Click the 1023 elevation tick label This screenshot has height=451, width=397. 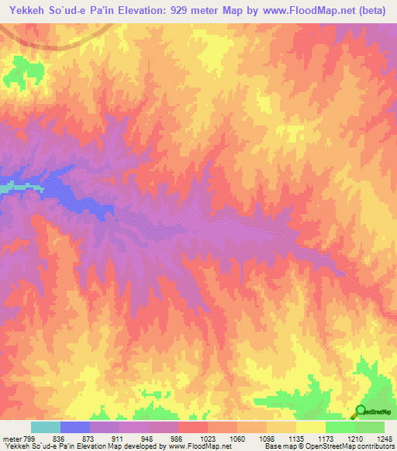208,439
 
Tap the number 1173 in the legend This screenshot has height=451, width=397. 324,439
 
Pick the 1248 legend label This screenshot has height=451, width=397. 383,439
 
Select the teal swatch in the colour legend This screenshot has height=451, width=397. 46,427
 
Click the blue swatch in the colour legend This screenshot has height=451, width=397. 75,427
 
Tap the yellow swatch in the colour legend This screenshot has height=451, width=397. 310,427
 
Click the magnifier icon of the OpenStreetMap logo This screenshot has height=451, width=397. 361,411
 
